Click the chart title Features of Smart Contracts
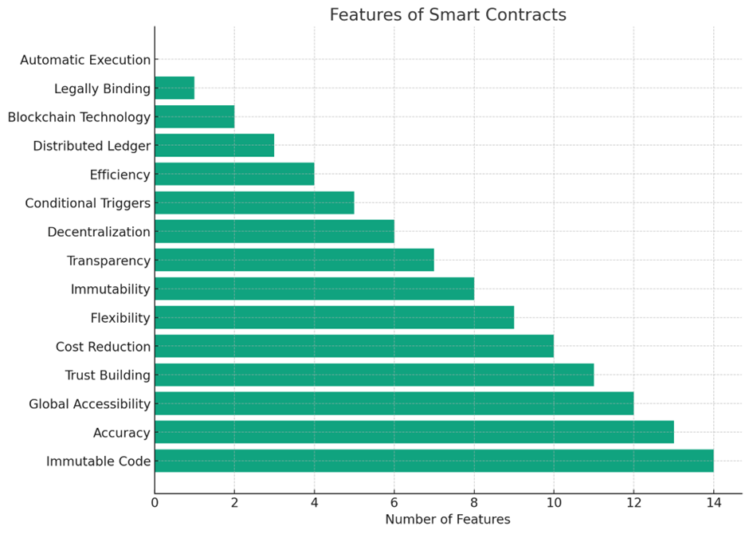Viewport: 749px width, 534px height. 448,15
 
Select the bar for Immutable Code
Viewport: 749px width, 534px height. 433,461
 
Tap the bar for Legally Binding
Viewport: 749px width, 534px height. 175,88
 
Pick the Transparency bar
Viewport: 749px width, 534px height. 294,260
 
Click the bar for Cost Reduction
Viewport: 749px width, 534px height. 354,346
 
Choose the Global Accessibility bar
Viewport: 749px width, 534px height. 394,403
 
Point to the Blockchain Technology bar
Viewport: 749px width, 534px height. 194,116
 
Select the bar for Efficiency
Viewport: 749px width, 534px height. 234,174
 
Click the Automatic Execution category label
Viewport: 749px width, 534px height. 85,60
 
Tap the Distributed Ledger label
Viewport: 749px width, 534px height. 92,146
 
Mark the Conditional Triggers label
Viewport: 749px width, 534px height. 88,203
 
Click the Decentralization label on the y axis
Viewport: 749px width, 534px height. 99,232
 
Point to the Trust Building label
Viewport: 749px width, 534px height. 108,375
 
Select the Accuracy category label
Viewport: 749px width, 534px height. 121,433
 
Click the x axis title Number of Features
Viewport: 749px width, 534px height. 448,520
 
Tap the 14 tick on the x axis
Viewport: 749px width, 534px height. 713,503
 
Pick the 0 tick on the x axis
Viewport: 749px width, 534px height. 155,503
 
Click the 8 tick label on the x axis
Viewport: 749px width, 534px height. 474,503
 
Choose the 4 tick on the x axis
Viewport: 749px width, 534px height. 314,503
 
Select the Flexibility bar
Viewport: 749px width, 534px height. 334,317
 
